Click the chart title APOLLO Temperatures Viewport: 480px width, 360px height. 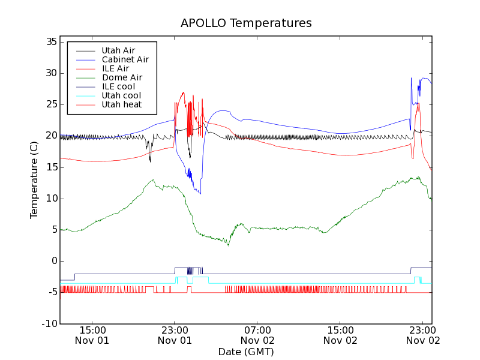click(246, 23)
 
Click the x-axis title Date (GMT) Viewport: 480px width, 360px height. click(246, 352)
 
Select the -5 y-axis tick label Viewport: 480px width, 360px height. click(50, 292)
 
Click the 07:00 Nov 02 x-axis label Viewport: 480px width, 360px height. click(257, 335)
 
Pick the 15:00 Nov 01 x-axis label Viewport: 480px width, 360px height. click(92, 335)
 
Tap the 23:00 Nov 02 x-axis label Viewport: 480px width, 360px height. click(423, 335)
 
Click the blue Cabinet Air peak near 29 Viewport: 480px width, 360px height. click(425, 78)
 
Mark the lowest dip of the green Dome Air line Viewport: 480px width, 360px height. click(229, 246)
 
